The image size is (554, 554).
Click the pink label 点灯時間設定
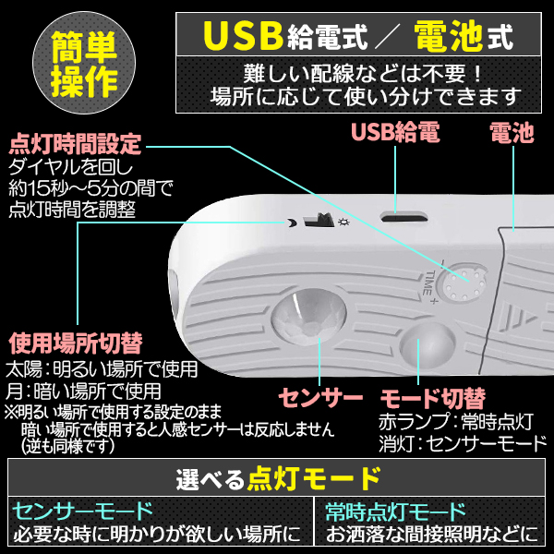(x=75, y=145)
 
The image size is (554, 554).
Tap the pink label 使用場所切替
(x=75, y=344)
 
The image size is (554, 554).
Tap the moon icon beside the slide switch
(x=292, y=223)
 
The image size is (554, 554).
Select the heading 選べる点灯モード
(x=277, y=479)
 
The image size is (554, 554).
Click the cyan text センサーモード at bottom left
(x=82, y=511)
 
